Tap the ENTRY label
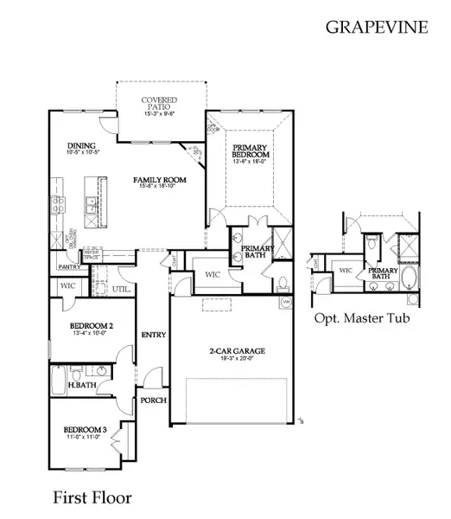(154, 335)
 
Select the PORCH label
(154, 400)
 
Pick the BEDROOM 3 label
(84, 430)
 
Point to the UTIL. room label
(120, 289)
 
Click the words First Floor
(92, 497)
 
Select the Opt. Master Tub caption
(362, 317)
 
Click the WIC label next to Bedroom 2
(67, 285)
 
